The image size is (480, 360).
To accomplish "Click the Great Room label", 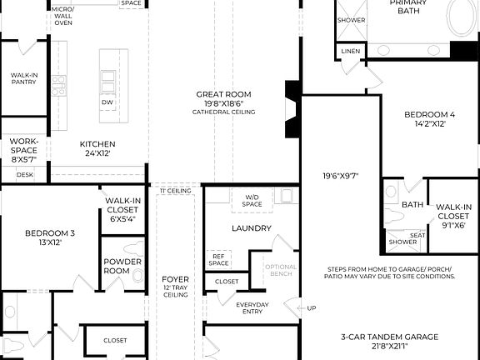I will click(223, 94).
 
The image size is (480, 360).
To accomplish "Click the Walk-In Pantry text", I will click(23, 79).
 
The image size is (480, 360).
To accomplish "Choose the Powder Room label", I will click(117, 266).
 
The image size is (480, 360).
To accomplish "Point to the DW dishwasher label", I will click(107, 102).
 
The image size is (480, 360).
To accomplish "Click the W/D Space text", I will click(252, 200).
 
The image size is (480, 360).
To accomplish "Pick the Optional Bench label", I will click(281, 271).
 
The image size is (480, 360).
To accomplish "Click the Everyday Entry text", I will click(252, 308).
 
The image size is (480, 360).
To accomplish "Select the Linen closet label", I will click(351, 52).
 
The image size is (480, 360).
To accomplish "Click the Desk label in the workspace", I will click(24, 175).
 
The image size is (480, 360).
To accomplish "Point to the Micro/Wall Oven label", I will click(62, 16).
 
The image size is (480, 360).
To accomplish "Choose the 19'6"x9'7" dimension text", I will click(341, 176).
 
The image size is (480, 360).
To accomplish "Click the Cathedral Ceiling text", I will click(223, 112).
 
